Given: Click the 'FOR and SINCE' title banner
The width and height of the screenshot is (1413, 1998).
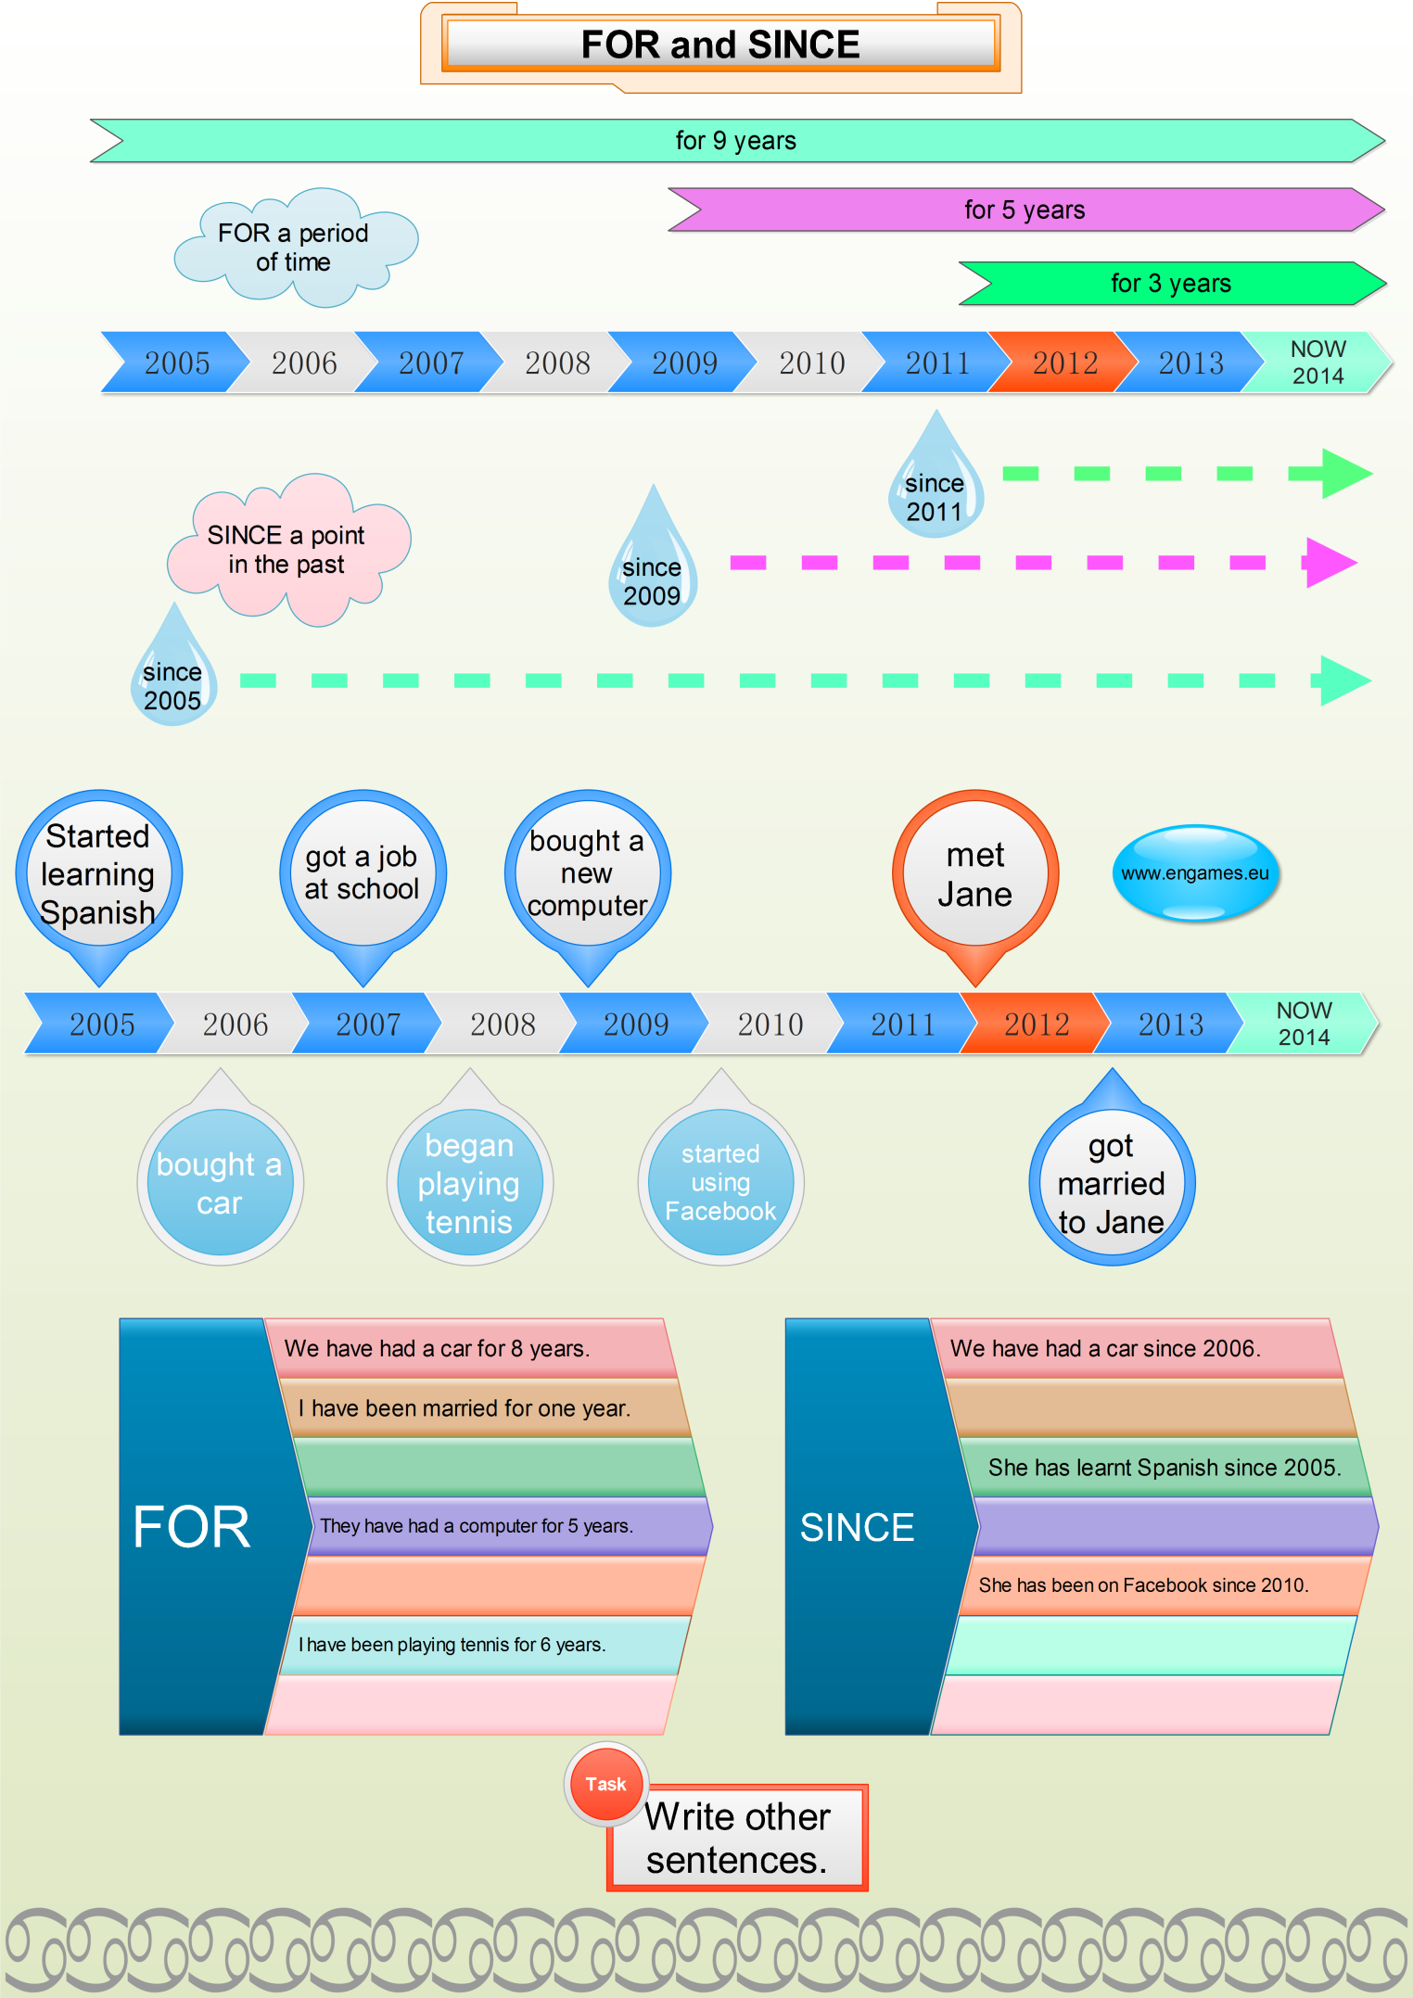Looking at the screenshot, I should click(720, 45).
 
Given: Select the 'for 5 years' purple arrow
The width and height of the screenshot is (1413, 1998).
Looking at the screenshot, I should click(1025, 210).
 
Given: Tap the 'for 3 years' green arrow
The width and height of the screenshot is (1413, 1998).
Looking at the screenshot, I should click(1170, 283).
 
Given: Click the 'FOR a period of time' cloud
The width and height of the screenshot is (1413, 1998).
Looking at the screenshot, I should click(294, 248).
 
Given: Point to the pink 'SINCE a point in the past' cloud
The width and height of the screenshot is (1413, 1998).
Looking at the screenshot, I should click(286, 550).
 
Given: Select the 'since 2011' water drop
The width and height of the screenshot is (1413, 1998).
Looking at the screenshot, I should click(936, 491).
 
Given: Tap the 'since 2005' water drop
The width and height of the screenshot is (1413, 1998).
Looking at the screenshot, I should click(173, 681).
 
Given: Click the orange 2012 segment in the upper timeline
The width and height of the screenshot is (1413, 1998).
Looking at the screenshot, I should click(1064, 363).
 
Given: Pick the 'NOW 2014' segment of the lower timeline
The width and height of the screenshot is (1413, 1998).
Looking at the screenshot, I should click(1304, 1024).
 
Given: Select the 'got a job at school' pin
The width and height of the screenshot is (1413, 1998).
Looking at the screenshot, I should click(363, 874).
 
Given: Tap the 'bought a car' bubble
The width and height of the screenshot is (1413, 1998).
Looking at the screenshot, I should click(220, 1182).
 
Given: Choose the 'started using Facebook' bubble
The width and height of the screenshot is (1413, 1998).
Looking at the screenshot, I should click(720, 1182).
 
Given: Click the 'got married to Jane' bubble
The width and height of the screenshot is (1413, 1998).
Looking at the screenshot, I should click(1111, 1184).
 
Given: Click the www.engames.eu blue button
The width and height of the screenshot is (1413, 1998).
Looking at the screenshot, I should click(1195, 873).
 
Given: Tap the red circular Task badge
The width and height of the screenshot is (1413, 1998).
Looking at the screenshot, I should click(606, 1784).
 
